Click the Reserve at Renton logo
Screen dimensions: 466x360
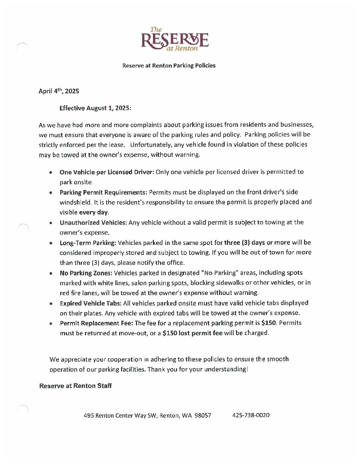tap(174, 40)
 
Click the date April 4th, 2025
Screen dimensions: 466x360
tap(59, 91)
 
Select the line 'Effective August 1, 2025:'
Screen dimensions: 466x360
tap(95, 108)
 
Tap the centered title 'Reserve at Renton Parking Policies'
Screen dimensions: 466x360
tap(169, 66)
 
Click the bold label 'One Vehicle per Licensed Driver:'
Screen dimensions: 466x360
tap(107, 172)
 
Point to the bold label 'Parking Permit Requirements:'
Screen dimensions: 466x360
tap(103, 192)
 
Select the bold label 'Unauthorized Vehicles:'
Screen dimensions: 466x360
tap(93, 223)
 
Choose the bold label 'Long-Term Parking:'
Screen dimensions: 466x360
tap(88, 243)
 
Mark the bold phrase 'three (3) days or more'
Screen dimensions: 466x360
tap(257, 243)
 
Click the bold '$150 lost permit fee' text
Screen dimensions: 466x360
tap(192, 333)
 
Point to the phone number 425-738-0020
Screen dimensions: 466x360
tap(251, 415)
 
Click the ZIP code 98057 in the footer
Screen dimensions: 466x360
tap(203, 415)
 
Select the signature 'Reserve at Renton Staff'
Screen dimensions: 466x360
tap(75, 386)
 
